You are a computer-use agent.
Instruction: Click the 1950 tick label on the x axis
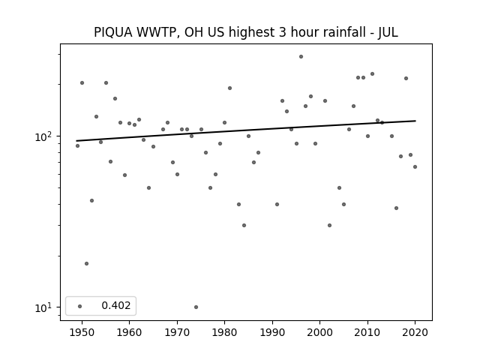[x=82, y=332]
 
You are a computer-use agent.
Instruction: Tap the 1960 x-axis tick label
[x=129, y=332]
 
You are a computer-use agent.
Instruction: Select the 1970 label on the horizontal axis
[x=177, y=332]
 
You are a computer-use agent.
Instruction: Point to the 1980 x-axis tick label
[x=224, y=332]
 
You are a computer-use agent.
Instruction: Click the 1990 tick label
[x=272, y=332]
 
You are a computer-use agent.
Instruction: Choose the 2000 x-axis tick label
[x=319, y=332]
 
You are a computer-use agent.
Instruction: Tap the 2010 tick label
[x=367, y=332]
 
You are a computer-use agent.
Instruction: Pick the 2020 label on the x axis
[x=415, y=332]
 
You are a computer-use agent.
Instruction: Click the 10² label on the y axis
[x=45, y=136]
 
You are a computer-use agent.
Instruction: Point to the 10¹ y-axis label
[x=45, y=307]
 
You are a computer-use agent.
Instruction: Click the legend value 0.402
[x=116, y=305]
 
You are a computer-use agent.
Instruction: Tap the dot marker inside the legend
[x=80, y=306]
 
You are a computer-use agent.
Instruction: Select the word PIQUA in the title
[x=113, y=32]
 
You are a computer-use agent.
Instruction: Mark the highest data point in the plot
[x=301, y=57]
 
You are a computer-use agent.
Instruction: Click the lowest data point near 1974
[x=196, y=307]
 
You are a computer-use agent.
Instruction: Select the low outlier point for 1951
[x=86, y=263]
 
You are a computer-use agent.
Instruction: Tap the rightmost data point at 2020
[x=415, y=166]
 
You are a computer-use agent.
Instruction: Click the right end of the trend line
[x=415, y=121]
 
